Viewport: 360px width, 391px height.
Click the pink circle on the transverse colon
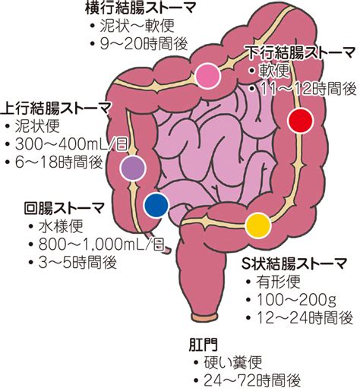click(x=208, y=76)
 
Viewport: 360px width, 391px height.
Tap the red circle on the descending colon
click(x=301, y=121)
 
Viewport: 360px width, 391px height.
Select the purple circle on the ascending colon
click(x=133, y=168)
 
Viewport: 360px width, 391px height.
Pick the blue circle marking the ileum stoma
click(x=156, y=205)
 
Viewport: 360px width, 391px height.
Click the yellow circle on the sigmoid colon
click(x=258, y=225)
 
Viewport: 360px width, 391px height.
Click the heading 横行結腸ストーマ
click(x=141, y=8)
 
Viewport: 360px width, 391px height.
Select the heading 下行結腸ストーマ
click(x=302, y=52)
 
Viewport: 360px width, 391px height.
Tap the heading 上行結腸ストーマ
click(x=56, y=109)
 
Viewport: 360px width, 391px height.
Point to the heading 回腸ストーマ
click(x=65, y=208)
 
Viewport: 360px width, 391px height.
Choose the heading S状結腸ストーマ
click(x=294, y=263)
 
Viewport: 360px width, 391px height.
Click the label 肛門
click(x=204, y=345)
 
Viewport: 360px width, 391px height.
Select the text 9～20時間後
click(x=144, y=43)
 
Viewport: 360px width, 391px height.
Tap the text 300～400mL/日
click(x=71, y=145)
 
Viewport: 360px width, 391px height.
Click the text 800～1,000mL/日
click(x=102, y=244)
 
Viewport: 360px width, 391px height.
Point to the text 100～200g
click(x=297, y=300)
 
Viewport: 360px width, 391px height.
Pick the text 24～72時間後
click(x=252, y=380)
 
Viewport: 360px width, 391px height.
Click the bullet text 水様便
click(x=61, y=226)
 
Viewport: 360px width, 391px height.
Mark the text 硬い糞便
click(x=232, y=362)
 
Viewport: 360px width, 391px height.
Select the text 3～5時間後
click(x=77, y=263)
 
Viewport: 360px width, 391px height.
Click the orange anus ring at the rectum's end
click(x=204, y=317)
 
